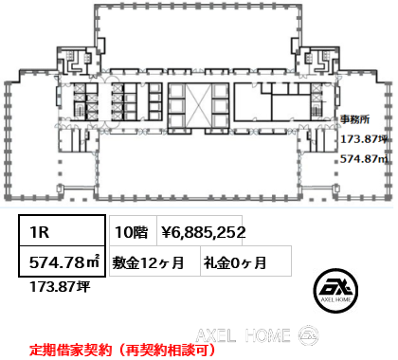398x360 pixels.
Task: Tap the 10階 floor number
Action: (129, 230)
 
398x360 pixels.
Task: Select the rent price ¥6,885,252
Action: (204, 230)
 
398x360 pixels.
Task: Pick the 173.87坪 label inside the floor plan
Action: (363, 139)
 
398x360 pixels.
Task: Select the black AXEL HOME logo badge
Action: (336, 288)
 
